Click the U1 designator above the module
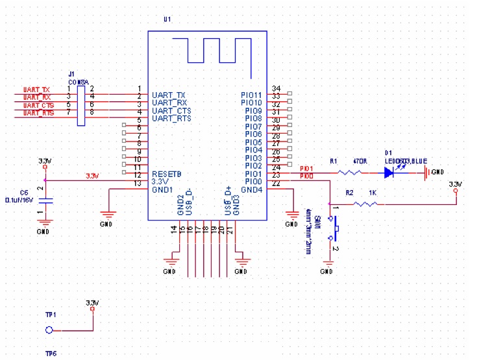click(x=167, y=19)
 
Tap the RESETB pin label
click(x=166, y=174)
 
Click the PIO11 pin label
click(x=252, y=95)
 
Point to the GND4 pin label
click(x=252, y=189)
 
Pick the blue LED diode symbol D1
click(x=389, y=173)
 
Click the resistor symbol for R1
click(x=350, y=173)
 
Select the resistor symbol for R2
click(x=367, y=204)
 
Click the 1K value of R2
click(x=371, y=193)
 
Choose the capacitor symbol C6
click(x=43, y=200)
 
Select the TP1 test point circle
click(x=49, y=330)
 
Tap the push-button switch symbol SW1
click(x=336, y=228)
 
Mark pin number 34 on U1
click(x=276, y=88)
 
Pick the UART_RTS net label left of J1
click(x=38, y=113)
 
